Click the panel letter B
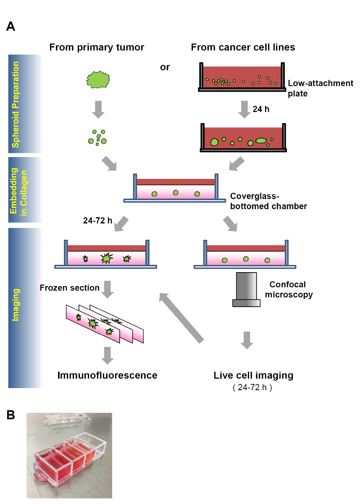click(x=11, y=415)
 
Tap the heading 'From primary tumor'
click(x=97, y=47)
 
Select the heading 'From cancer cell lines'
click(x=243, y=47)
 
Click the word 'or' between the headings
click(x=165, y=67)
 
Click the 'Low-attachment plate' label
click(x=321, y=88)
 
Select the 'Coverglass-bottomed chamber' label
click(x=268, y=201)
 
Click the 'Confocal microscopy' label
click(x=289, y=289)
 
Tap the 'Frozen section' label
click(x=70, y=288)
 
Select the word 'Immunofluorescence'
click(x=108, y=375)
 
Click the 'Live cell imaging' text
click(x=253, y=375)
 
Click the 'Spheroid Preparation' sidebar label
click(x=16, y=105)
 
